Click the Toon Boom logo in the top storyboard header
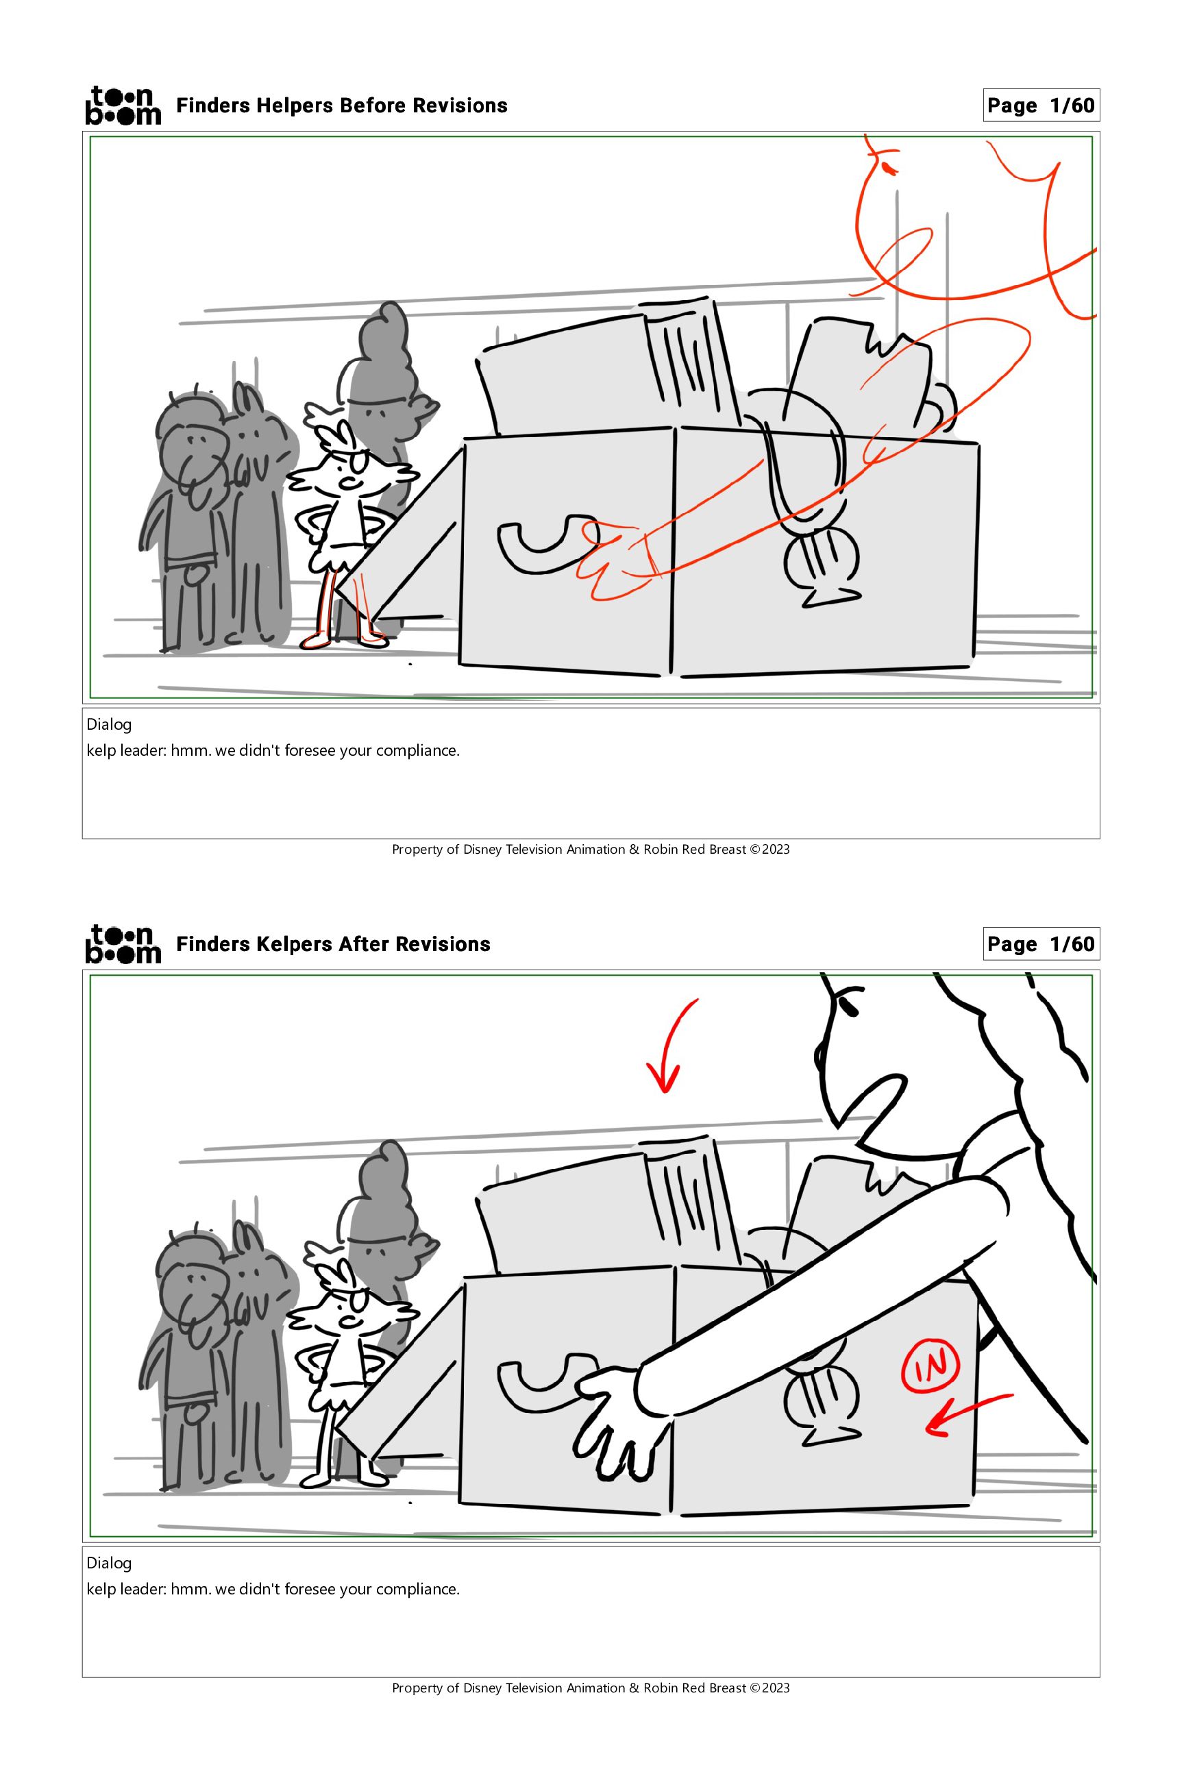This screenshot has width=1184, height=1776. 123,105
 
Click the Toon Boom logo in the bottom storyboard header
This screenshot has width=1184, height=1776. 123,944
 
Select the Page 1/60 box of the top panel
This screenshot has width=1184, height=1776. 1041,105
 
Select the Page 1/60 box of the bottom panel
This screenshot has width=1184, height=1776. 1041,944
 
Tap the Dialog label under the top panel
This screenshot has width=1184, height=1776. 109,724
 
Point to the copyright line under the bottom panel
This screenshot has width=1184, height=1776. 591,1688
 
